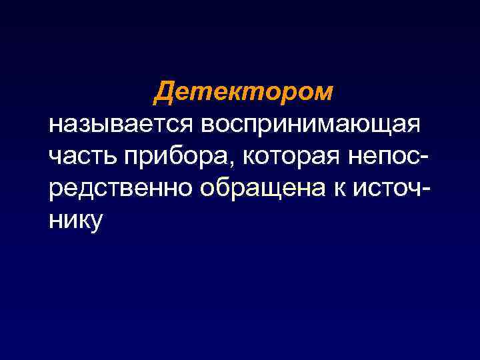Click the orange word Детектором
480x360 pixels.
coord(243,91)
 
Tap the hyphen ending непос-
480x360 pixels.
coord(425,158)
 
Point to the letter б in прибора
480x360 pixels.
coord(173,155)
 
